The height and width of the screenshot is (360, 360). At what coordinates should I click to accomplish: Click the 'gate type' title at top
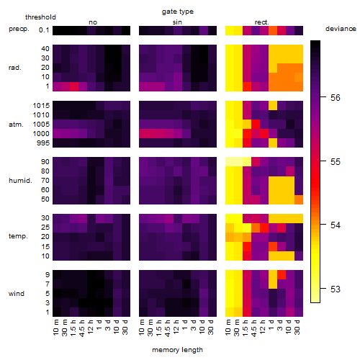[x=178, y=12]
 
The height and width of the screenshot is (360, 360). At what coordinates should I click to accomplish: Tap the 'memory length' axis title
[x=178, y=350]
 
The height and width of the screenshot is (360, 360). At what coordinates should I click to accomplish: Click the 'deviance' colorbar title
[x=341, y=29]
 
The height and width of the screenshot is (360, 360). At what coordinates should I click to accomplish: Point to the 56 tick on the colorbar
[x=323, y=97]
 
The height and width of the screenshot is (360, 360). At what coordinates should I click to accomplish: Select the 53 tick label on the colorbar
[x=336, y=289]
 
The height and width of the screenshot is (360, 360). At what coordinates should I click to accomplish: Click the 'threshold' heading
[x=40, y=17]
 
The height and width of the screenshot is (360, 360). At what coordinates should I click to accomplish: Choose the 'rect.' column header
[x=262, y=22]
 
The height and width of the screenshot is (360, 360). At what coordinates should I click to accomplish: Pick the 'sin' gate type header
[x=177, y=22]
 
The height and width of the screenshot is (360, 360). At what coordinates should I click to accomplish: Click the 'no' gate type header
[x=93, y=22]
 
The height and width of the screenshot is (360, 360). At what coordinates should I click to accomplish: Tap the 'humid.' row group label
[x=20, y=181]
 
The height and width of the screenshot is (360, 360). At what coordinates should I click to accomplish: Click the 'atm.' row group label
[x=16, y=125]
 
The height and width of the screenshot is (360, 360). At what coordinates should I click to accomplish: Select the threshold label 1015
[x=41, y=106]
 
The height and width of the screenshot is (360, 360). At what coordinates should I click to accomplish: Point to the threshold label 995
[x=43, y=143]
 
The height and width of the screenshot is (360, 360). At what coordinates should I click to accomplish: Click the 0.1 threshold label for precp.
[x=44, y=30]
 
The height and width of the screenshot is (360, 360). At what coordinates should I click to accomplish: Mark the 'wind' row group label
[x=17, y=294]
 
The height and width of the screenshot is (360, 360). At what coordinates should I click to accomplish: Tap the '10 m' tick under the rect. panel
[x=228, y=327]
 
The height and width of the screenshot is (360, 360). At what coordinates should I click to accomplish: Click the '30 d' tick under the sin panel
[x=211, y=327]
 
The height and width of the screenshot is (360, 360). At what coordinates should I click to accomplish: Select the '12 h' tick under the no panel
[x=90, y=327]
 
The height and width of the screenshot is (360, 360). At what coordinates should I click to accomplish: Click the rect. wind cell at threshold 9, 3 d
[x=282, y=275]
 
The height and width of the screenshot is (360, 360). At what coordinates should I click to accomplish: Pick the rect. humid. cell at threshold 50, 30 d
[x=299, y=199]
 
